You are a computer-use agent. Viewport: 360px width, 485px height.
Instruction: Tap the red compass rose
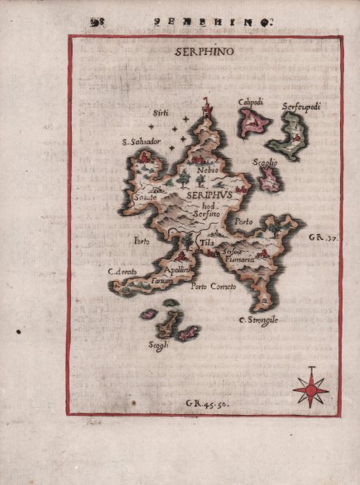(310, 389)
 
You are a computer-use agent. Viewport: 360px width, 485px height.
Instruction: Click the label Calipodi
(251, 101)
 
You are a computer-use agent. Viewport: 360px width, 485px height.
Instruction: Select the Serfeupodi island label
(300, 105)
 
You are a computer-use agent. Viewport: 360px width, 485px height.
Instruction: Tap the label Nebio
(205, 170)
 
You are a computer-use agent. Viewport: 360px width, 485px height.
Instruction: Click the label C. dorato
(123, 272)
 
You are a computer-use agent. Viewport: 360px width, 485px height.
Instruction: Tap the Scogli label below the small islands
(158, 344)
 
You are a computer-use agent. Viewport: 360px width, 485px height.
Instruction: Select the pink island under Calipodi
(254, 121)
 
